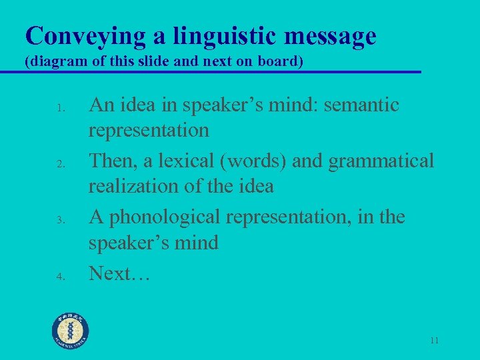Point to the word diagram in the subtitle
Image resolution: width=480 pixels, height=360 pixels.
53,62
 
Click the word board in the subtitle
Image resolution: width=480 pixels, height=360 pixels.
281,62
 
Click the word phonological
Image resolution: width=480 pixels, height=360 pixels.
167,217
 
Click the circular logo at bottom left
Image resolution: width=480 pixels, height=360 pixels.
70,331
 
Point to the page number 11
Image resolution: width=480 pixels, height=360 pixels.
434,341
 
